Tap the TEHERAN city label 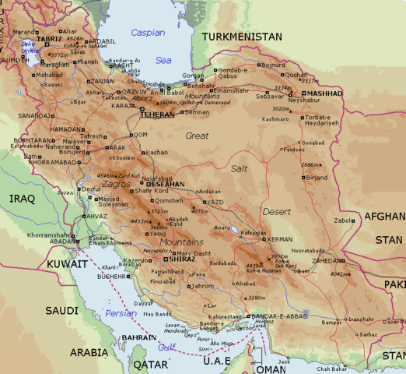tap(158, 114)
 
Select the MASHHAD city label tap(323, 93)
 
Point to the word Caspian tap(147, 33)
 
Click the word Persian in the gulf tap(121, 313)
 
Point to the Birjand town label tap(317, 178)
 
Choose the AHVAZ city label tap(96, 217)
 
